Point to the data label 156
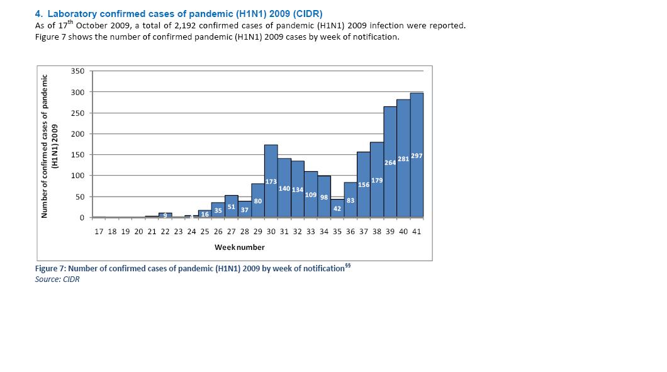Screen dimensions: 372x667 (364, 185)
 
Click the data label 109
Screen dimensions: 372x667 (311, 195)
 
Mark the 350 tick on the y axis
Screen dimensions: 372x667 (77, 72)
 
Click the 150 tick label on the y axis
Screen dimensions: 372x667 (77, 155)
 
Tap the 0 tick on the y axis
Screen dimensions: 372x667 (82, 218)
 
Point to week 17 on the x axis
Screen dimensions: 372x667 (99, 232)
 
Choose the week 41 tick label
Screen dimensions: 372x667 (417, 232)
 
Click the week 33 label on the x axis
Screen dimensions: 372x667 (311, 232)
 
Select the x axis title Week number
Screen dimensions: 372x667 (240, 247)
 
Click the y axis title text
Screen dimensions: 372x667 (48, 146)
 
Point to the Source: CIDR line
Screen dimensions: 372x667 (57, 279)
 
